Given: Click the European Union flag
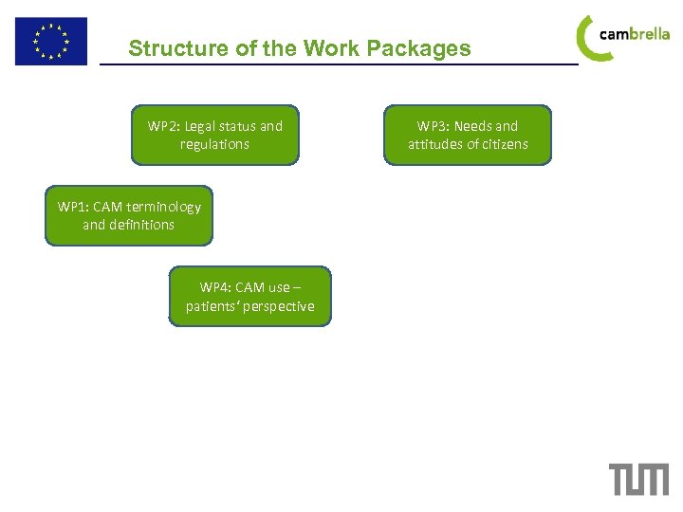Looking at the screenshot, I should tap(50, 41).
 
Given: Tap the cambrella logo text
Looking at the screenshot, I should tap(635, 34).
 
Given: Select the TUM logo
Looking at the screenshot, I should tap(638, 479).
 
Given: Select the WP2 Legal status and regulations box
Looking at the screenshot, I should tap(214, 135).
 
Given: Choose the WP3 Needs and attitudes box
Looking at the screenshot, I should tap(468, 135).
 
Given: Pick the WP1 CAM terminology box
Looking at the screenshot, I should tap(129, 215).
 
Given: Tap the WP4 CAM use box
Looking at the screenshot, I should tap(250, 297).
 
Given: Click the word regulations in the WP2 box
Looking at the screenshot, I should tap(214, 144).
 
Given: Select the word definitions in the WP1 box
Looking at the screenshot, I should tap(141, 225).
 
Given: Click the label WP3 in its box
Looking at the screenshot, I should tap(432, 126).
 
